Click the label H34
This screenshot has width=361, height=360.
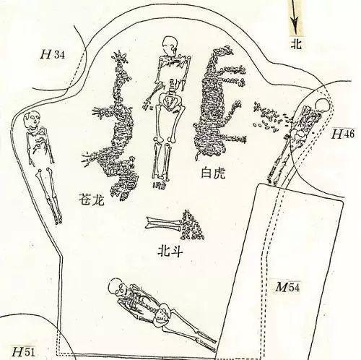(53, 54)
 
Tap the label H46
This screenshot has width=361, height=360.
(343, 134)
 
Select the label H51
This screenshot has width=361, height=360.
(23, 351)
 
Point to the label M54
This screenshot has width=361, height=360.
(287, 287)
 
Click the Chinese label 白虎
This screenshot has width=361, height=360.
(213, 173)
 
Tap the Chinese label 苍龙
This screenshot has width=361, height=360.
(92, 199)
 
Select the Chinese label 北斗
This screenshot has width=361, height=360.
(170, 251)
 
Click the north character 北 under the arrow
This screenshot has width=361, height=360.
(296, 44)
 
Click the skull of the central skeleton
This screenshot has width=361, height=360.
(170, 44)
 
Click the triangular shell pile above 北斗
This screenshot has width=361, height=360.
(193, 226)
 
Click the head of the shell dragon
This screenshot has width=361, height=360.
(120, 57)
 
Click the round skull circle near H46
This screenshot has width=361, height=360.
(321, 106)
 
